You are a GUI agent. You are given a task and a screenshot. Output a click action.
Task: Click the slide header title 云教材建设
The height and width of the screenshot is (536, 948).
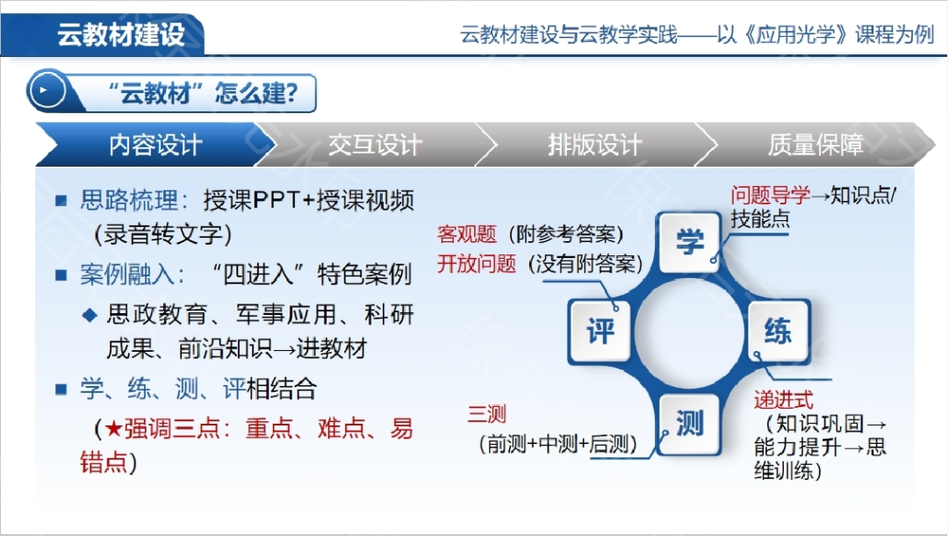tap(121, 35)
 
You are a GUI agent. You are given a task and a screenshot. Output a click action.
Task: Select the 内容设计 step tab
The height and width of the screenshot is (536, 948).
tap(155, 145)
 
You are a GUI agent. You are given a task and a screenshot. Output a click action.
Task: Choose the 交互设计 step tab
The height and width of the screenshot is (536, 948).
tap(375, 145)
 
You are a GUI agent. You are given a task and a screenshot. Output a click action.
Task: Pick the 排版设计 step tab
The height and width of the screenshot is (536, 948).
tap(595, 145)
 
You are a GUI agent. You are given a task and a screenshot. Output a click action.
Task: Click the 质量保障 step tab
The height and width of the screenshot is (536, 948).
tap(815, 145)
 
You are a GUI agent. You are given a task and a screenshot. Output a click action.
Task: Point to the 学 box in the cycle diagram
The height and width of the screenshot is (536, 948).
tap(690, 242)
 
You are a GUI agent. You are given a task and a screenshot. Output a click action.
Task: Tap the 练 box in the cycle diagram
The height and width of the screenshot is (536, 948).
tap(778, 331)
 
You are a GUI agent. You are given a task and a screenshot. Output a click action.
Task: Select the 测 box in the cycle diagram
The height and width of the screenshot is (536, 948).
tap(690, 423)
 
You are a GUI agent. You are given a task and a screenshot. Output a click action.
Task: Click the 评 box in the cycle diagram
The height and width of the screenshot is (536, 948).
tap(600, 331)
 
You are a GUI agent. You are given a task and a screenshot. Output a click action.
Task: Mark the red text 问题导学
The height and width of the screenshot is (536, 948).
tap(771, 195)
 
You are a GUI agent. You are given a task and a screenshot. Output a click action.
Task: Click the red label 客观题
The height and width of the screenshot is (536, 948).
tap(467, 234)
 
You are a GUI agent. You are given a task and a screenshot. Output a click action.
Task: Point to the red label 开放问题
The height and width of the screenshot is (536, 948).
tap(477, 263)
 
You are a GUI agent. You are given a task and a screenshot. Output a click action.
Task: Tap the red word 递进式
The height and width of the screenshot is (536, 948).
tap(784, 400)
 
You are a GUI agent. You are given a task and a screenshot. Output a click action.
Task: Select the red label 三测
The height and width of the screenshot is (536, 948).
tap(486, 414)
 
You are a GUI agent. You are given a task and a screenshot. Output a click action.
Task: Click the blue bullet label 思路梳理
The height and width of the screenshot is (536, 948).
tap(129, 200)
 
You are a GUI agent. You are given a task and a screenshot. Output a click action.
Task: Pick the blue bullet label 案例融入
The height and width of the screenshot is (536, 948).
tap(129, 275)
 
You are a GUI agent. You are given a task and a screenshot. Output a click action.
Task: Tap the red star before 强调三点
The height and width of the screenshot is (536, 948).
tap(113, 428)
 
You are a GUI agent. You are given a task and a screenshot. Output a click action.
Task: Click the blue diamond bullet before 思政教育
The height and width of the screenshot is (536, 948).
tap(90, 315)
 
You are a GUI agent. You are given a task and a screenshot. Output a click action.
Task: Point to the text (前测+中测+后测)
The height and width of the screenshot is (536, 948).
tap(557, 444)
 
